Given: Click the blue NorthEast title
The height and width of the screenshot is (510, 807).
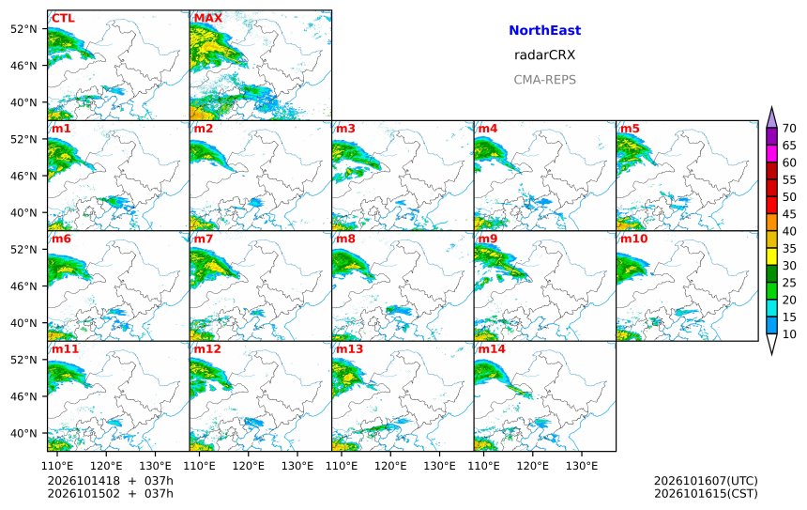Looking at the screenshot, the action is click(544, 30).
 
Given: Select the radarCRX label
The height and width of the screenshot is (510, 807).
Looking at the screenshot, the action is click(544, 55).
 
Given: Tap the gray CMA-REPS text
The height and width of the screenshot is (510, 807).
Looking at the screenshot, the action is click(544, 80).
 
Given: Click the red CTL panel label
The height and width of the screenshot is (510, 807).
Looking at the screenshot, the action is click(63, 18).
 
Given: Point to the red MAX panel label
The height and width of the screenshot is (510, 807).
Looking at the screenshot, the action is click(208, 18).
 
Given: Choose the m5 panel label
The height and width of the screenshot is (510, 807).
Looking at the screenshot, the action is click(630, 129).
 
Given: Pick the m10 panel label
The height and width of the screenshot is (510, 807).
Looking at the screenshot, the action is click(633, 239).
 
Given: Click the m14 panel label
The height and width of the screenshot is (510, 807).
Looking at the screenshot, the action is click(492, 348).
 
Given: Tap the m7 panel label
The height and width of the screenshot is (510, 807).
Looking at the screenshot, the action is click(204, 239).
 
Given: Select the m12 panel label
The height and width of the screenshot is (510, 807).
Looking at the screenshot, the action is click(207, 348).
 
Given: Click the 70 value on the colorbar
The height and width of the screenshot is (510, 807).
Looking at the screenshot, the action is click(789, 129).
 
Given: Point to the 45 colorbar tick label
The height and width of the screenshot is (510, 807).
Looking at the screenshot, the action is click(789, 214).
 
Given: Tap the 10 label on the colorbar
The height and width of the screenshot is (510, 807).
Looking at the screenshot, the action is click(789, 334).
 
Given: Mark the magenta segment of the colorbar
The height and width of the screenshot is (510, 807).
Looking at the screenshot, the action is click(771, 153).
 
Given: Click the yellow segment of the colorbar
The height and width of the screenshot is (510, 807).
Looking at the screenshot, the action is click(771, 256).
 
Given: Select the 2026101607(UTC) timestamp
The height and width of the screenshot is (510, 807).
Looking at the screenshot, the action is click(706, 481).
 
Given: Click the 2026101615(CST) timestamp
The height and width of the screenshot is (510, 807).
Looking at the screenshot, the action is click(706, 493).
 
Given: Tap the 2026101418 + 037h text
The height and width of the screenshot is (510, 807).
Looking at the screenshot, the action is click(110, 481).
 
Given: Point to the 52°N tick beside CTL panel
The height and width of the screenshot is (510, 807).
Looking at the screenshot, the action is click(23, 29).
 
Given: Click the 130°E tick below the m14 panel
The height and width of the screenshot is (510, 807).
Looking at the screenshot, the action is click(582, 466).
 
